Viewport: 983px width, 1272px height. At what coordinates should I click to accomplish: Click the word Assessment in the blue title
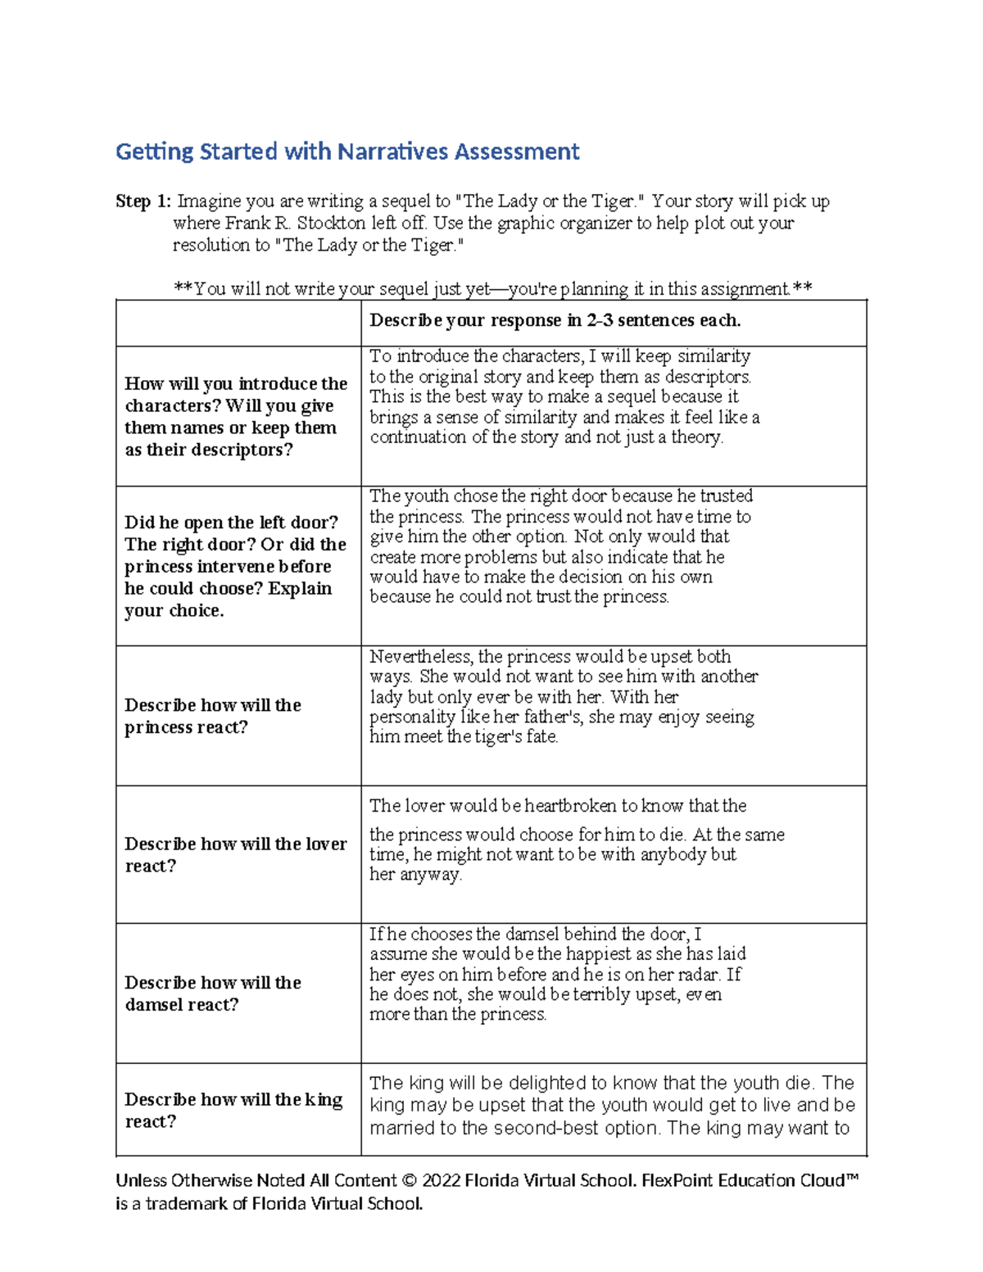tap(517, 152)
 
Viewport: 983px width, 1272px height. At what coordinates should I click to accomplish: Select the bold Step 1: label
tap(143, 201)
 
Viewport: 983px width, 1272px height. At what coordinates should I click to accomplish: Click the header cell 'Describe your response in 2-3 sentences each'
tap(555, 320)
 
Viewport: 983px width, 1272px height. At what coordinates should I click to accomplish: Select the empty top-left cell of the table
tap(238, 323)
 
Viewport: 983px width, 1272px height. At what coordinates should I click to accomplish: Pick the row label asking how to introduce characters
tap(235, 416)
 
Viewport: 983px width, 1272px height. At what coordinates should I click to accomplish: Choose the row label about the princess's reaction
tap(212, 716)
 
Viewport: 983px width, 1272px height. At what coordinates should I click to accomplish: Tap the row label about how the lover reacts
tap(235, 854)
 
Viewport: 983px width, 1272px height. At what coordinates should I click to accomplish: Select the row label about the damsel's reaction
tap(212, 993)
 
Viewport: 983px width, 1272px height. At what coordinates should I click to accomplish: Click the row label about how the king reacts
tap(233, 1110)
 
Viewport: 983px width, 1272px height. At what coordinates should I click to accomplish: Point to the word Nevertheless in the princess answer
tap(421, 657)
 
